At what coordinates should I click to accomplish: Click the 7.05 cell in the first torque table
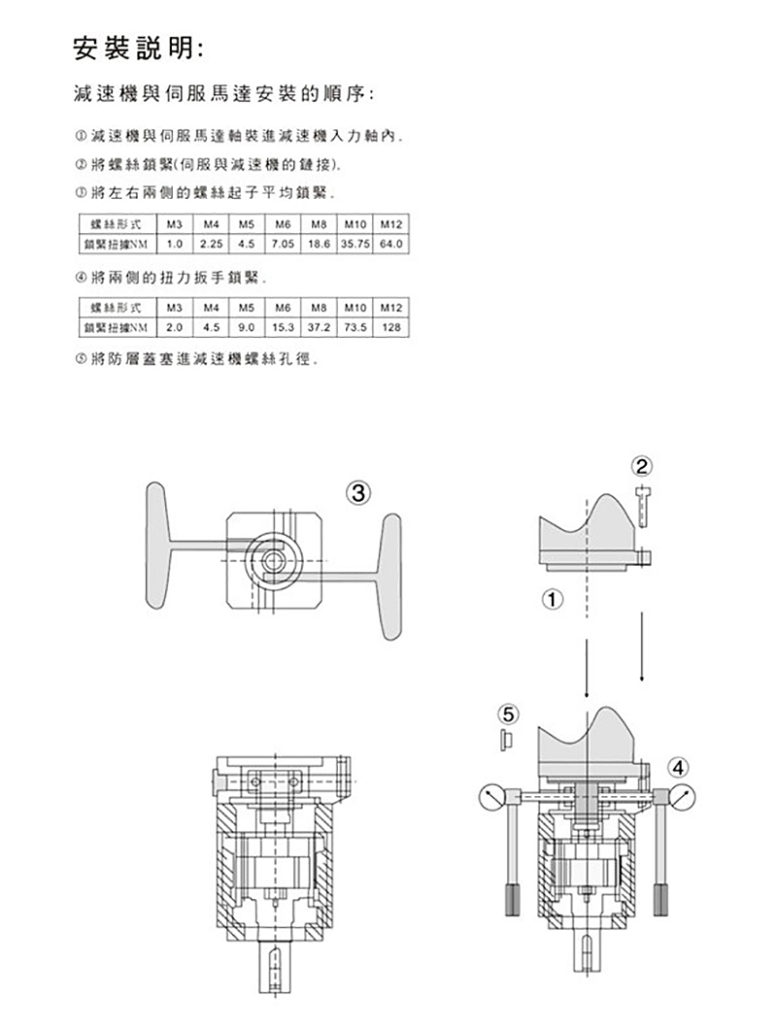[x=283, y=244]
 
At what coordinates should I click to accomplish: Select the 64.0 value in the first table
[x=390, y=244]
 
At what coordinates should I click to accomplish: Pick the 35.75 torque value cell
[x=355, y=244]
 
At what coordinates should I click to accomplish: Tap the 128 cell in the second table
[x=390, y=327]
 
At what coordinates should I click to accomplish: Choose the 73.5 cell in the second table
[x=355, y=327]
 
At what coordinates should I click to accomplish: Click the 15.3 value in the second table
[x=283, y=327]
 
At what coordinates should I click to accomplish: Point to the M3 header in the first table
[x=174, y=224]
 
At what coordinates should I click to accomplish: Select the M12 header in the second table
[x=390, y=307]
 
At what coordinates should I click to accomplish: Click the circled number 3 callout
[x=358, y=492]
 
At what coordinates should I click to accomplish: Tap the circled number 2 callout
[x=642, y=467]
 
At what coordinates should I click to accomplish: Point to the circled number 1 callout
[x=553, y=599]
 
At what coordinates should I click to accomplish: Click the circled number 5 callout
[x=508, y=714]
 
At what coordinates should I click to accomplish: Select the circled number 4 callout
[x=679, y=767]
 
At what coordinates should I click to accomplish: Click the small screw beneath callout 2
[x=642, y=506]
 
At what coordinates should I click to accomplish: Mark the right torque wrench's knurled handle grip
[x=660, y=900]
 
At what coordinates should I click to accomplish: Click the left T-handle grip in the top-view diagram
[x=157, y=546]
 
